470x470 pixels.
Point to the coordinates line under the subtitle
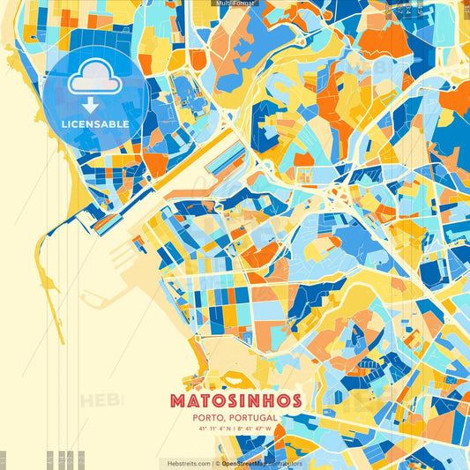[235, 430]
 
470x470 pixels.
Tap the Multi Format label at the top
[235, 4]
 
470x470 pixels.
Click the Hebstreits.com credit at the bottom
[185, 462]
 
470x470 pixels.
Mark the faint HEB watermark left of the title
[99, 401]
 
